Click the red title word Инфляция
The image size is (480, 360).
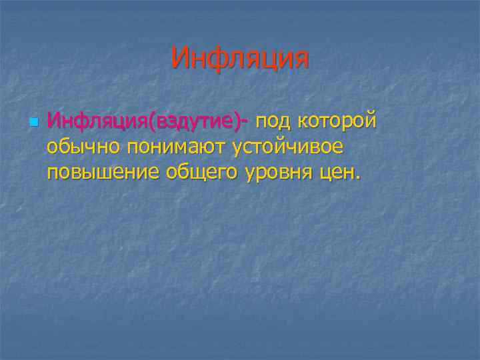240,58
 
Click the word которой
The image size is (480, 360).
337,123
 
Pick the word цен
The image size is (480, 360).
337,173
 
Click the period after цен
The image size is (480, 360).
358,178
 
